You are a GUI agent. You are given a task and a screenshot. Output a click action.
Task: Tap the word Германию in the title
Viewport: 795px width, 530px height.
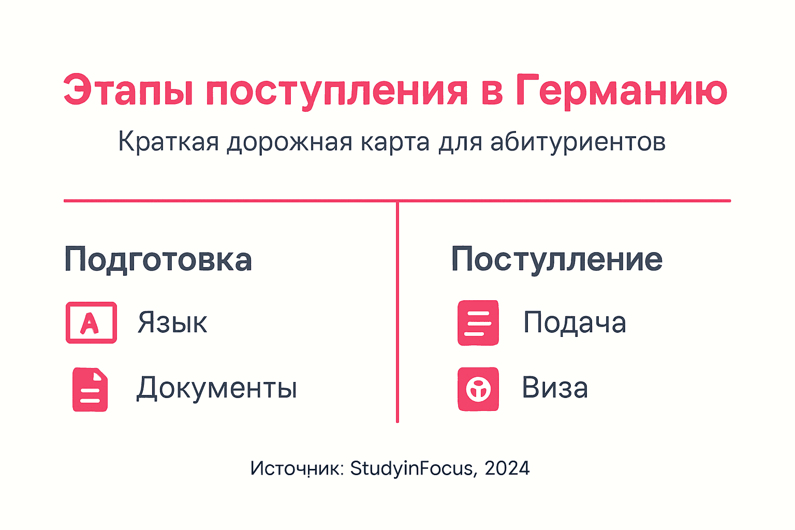621,90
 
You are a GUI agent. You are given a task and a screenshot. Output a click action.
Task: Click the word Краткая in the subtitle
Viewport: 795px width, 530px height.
168,141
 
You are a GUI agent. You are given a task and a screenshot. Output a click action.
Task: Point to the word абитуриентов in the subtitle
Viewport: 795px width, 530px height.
578,141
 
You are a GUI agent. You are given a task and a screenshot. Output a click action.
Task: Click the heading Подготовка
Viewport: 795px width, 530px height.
158,259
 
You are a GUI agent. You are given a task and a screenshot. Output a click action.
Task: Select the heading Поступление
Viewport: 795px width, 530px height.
556,259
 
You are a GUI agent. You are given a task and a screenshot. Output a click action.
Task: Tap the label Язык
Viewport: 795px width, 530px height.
172,323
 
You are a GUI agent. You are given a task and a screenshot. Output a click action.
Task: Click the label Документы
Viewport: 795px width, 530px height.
217,388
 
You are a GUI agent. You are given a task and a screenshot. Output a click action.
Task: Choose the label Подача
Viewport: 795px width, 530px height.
575,322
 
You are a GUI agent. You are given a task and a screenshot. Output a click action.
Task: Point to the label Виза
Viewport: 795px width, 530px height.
555,388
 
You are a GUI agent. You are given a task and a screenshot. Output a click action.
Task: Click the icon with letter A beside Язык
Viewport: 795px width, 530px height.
91,322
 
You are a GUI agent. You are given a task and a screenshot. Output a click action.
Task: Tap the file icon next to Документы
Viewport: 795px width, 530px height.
90,389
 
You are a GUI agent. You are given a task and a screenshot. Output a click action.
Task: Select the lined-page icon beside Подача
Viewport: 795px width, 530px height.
478,322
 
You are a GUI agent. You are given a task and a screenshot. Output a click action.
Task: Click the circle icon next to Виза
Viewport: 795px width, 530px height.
478,389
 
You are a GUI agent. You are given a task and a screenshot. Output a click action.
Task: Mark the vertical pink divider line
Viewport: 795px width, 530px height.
397,311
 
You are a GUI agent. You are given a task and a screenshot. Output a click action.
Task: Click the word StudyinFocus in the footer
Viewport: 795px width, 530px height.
412,468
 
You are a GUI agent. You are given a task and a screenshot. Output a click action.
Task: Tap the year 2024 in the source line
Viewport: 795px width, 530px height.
507,468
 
